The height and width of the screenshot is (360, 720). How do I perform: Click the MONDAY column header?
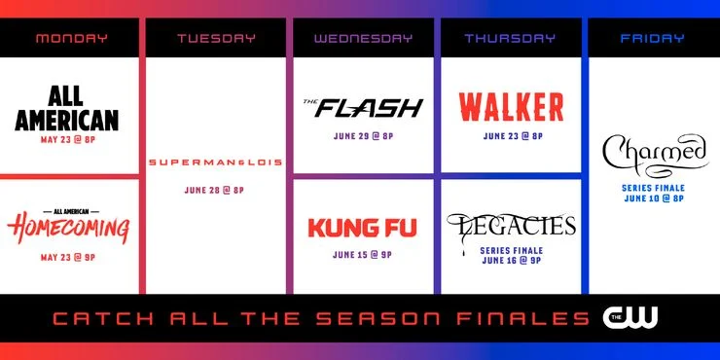[x=72, y=39]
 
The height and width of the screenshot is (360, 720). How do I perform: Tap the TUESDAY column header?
[x=216, y=39]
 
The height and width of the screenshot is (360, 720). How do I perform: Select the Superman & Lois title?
[x=216, y=162]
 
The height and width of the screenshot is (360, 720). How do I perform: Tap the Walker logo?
[x=510, y=105]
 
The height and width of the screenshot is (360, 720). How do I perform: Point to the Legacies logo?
[x=510, y=227]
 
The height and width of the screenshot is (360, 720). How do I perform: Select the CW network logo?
[x=630, y=316]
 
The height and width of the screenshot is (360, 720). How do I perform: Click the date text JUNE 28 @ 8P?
[x=216, y=190]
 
